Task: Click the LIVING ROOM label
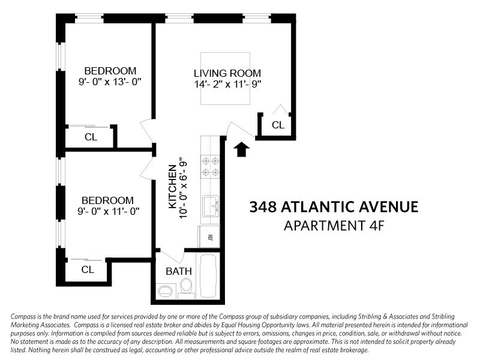pos(227,73)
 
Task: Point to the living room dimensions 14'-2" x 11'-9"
pos(227,85)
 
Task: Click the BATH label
pos(178,271)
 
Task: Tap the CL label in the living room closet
pos(278,125)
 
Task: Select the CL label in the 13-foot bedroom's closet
pos(91,137)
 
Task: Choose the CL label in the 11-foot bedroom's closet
pos(88,269)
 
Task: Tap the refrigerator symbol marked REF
pos(211,237)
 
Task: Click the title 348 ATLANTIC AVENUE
pos(333,208)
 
